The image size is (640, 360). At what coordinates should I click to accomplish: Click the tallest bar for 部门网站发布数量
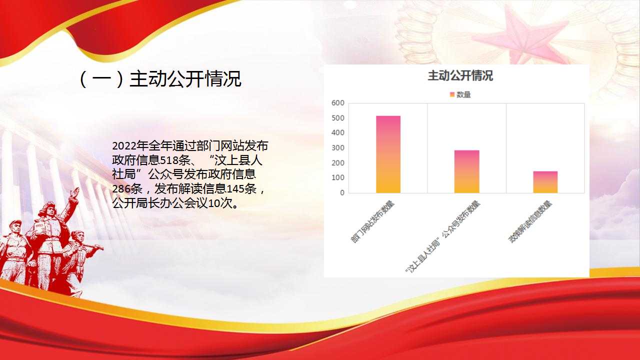click(388, 154)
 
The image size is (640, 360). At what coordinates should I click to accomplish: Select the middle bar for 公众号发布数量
click(467, 171)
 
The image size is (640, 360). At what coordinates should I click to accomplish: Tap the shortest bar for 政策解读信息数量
click(545, 182)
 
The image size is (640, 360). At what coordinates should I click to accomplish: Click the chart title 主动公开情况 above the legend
click(460, 75)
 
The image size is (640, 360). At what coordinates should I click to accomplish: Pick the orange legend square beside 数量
click(452, 94)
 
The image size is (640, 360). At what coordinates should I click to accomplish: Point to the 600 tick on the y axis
click(338, 103)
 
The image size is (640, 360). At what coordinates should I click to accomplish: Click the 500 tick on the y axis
click(338, 118)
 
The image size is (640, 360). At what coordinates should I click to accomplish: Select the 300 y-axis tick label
click(338, 147)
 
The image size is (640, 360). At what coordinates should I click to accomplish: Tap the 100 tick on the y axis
click(338, 177)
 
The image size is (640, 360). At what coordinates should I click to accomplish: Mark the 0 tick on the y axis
click(342, 193)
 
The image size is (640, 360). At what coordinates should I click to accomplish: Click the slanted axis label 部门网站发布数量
click(372, 221)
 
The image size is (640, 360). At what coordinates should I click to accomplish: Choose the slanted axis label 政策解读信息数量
click(530, 221)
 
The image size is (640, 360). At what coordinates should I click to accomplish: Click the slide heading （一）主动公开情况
click(160, 78)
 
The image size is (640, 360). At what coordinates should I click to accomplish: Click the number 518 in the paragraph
click(169, 160)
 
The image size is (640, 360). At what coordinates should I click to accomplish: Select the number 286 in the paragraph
click(121, 189)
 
